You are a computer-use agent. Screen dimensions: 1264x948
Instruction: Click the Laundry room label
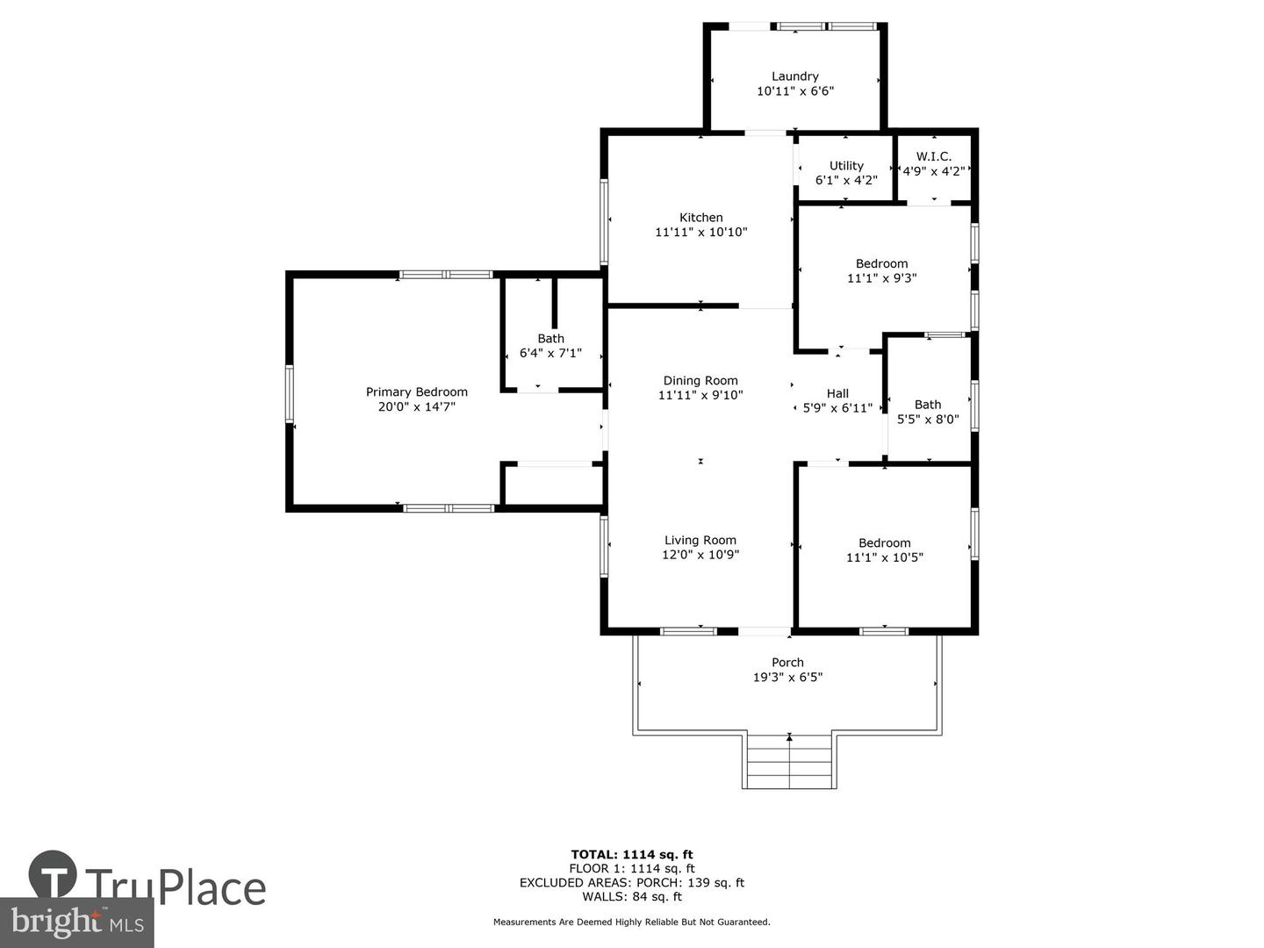click(794, 76)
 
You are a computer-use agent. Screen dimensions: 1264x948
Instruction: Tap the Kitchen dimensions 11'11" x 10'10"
click(700, 232)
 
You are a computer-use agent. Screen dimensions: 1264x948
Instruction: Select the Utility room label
click(846, 166)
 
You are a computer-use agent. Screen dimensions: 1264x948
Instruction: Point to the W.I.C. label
click(933, 156)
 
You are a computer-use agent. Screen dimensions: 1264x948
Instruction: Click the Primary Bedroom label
click(416, 392)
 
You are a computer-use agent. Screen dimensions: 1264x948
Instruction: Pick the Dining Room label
click(700, 380)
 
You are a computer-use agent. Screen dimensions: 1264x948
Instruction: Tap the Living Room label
click(700, 540)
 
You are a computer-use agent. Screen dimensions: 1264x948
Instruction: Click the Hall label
click(837, 393)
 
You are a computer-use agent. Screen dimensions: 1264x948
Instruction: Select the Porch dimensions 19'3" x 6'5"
click(787, 677)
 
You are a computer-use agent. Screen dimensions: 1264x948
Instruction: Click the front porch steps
click(789, 761)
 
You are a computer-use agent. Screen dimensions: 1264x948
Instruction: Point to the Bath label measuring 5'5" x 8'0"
click(928, 405)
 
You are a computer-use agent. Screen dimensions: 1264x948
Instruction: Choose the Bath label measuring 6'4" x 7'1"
click(550, 339)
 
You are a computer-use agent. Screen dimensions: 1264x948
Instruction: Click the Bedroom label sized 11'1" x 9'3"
click(881, 263)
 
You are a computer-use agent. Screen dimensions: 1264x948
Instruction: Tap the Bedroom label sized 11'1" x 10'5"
click(884, 542)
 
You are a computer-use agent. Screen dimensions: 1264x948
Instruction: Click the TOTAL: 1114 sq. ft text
click(632, 855)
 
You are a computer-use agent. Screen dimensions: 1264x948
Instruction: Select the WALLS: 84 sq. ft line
click(632, 896)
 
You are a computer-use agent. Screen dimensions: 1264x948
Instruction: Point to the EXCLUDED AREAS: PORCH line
click(632, 882)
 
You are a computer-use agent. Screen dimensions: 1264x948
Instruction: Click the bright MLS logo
click(76, 923)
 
